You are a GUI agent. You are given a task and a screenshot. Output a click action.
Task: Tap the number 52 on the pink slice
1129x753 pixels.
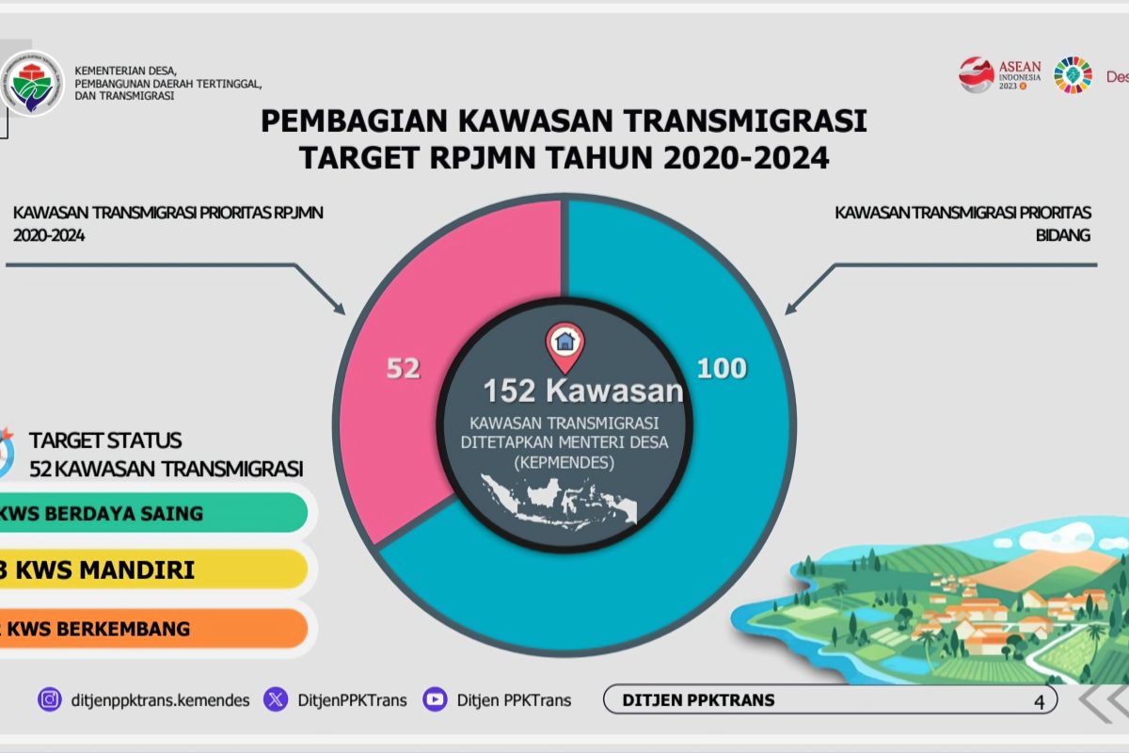point(403,368)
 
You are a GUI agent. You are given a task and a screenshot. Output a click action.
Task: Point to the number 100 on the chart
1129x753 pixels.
point(722,368)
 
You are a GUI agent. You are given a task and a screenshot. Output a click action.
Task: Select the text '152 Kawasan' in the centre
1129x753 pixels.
point(583,391)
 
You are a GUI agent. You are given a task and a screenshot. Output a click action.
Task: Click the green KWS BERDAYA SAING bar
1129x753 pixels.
point(151,513)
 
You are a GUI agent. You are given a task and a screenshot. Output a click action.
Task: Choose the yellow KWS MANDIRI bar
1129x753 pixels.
point(151,569)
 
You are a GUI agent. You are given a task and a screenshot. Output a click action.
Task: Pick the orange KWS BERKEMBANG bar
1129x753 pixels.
point(151,628)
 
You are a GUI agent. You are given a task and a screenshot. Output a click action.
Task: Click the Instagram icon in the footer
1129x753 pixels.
point(49,699)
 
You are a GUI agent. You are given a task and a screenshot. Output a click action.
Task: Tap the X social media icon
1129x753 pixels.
point(276,699)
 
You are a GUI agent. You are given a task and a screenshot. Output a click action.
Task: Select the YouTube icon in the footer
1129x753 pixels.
point(435,699)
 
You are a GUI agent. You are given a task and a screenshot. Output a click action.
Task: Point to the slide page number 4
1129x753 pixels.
point(1039,701)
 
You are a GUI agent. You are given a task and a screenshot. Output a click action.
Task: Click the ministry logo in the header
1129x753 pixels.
point(32,83)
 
